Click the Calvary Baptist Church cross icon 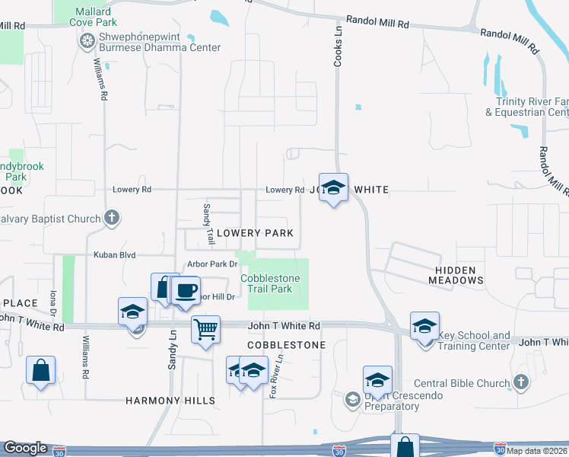click(x=112, y=219)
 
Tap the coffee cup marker click(x=185, y=290)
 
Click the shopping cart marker click(x=205, y=330)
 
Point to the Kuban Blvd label click(x=113, y=255)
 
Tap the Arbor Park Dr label click(x=213, y=264)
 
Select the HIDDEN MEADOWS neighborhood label click(x=456, y=275)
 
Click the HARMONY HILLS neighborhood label click(x=170, y=401)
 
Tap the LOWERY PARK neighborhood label click(x=255, y=233)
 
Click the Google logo click(x=25, y=449)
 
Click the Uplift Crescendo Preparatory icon click(x=351, y=398)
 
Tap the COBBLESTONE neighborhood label click(x=286, y=345)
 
